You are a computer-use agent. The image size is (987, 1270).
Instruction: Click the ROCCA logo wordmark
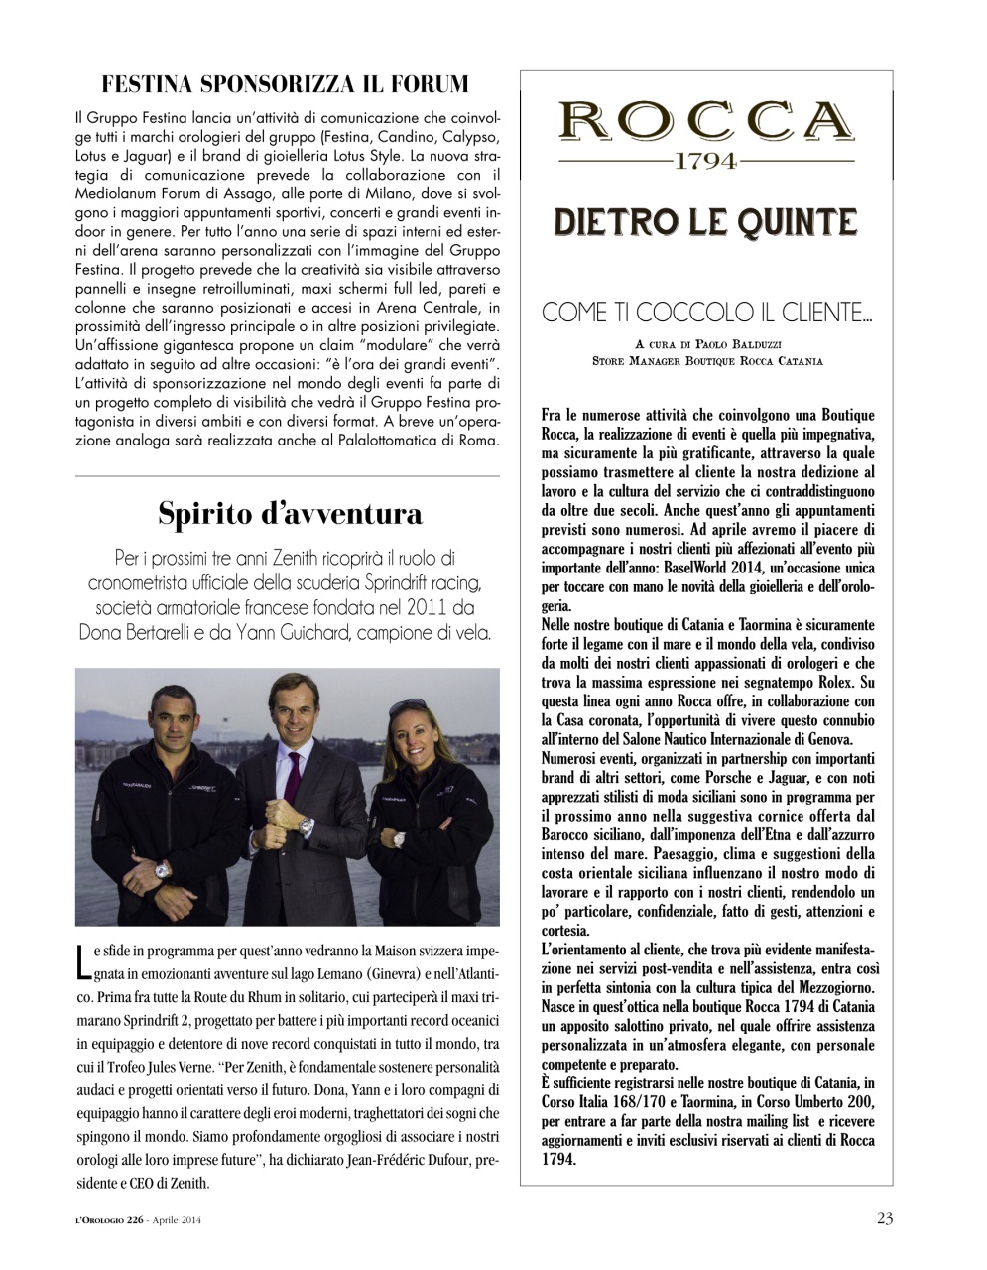coord(705,122)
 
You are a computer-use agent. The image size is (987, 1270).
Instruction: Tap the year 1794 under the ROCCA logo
coord(705,161)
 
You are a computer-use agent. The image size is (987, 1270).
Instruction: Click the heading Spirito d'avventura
coord(290,513)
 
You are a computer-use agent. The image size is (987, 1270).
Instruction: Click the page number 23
coord(884,1218)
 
